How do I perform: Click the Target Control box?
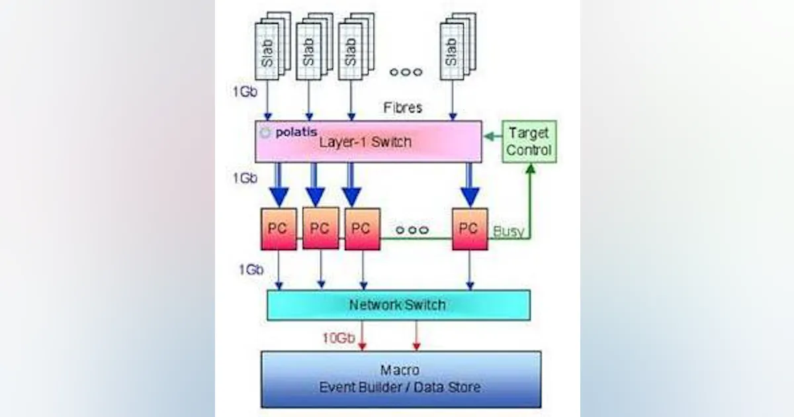click(x=529, y=142)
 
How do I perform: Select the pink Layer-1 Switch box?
click(x=369, y=141)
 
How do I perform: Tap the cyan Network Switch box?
click(x=398, y=305)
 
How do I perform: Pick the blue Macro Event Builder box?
click(x=401, y=379)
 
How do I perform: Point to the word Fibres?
click(x=402, y=107)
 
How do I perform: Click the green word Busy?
click(x=508, y=231)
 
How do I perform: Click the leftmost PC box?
click(x=279, y=229)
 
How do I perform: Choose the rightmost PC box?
click(x=470, y=229)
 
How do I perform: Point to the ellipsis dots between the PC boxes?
click(x=412, y=230)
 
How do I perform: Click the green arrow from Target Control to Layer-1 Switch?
click(x=492, y=138)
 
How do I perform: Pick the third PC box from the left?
click(x=362, y=229)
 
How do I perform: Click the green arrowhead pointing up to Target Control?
click(x=530, y=169)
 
